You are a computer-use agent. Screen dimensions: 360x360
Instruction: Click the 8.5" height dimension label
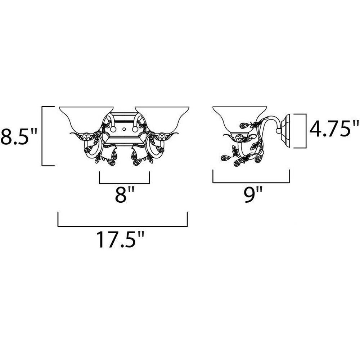(x=18, y=136)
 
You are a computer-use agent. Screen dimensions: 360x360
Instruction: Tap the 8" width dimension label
(x=124, y=194)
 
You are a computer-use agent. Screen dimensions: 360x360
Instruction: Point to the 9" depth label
(x=253, y=194)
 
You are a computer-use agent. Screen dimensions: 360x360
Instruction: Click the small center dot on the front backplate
(x=124, y=130)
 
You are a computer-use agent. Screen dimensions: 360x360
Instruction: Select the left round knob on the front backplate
(x=113, y=130)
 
